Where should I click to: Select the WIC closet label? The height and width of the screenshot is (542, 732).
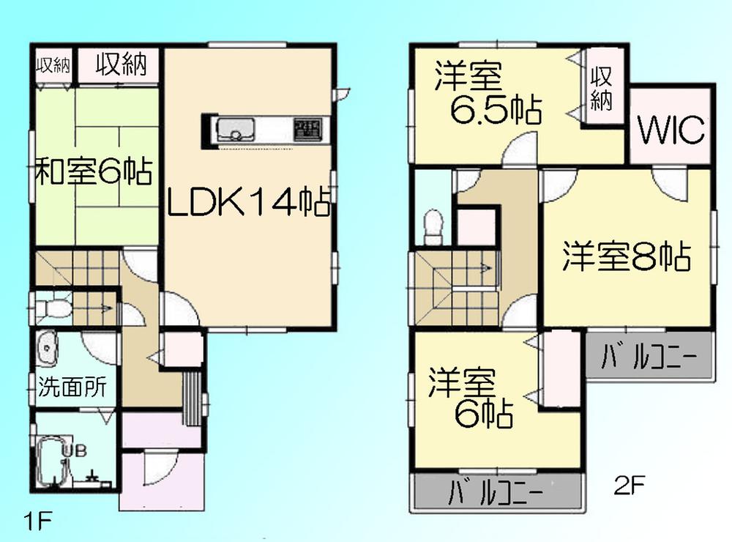click(670, 131)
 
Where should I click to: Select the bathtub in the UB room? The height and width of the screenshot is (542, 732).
click(53, 461)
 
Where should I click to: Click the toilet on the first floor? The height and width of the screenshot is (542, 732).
click(51, 308)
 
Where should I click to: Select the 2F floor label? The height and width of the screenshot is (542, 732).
click(627, 485)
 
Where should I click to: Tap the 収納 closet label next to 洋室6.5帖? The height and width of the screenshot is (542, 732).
click(601, 89)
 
